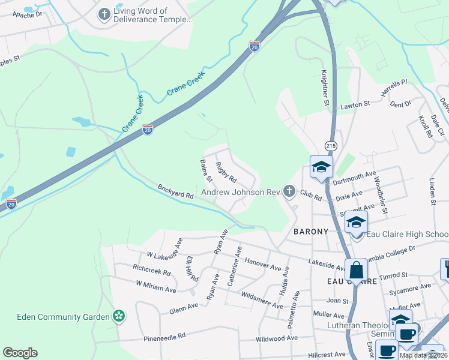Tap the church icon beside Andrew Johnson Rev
click(289, 192)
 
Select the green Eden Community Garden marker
click(119, 316)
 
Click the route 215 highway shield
click(331, 146)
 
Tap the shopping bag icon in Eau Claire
click(356, 271)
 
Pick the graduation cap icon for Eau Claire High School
click(356, 223)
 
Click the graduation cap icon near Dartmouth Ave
click(321, 167)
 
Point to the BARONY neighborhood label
click(311, 232)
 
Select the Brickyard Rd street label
click(175, 191)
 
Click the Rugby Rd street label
click(226, 173)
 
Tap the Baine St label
click(206, 170)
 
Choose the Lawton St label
click(355, 104)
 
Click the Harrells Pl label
click(394, 88)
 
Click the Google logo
click(20, 353)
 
